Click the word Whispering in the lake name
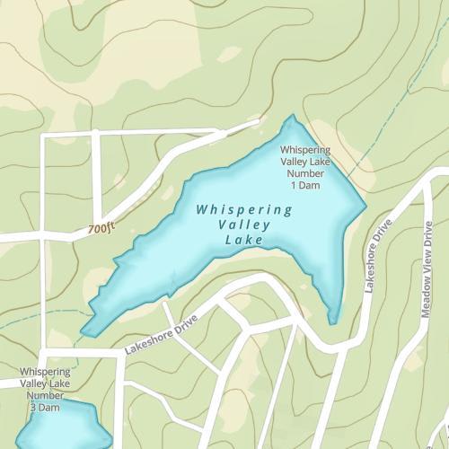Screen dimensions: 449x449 [244, 210]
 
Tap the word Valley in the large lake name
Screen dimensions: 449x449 [244, 225]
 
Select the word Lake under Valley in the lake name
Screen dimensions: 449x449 [244, 241]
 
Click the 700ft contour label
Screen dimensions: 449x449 [102, 230]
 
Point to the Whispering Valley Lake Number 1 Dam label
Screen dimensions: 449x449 [304, 167]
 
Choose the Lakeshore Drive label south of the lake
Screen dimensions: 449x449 [162, 332]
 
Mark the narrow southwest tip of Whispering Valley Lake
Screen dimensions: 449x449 [86, 333]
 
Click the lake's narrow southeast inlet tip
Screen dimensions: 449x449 [333, 318]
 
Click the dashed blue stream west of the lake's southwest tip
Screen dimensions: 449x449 [36, 319]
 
